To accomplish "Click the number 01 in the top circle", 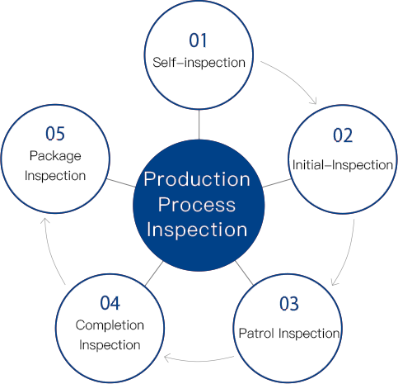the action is click(x=198, y=40).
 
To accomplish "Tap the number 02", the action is click(x=343, y=135).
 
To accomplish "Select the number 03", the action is click(x=289, y=304).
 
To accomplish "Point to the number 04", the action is click(x=110, y=303).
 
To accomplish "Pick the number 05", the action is click(x=55, y=134).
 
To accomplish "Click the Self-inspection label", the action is click(x=199, y=63).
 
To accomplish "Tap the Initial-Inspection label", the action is click(x=343, y=165).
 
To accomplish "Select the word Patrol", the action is click(x=256, y=334).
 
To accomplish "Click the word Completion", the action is click(x=110, y=325).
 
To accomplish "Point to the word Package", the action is click(x=55, y=156).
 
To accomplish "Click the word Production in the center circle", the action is click(x=197, y=179).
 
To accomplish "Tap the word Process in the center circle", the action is click(x=197, y=205).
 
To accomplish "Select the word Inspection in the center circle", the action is click(x=197, y=230).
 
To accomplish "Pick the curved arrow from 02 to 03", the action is click(x=349, y=254).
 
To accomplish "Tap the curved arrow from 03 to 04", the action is click(x=199, y=361).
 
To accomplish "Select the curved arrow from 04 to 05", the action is click(x=50, y=251).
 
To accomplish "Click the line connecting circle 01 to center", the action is click(x=199, y=125).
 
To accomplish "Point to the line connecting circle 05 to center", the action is click(x=121, y=183).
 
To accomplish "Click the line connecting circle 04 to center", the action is click(x=154, y=273).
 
